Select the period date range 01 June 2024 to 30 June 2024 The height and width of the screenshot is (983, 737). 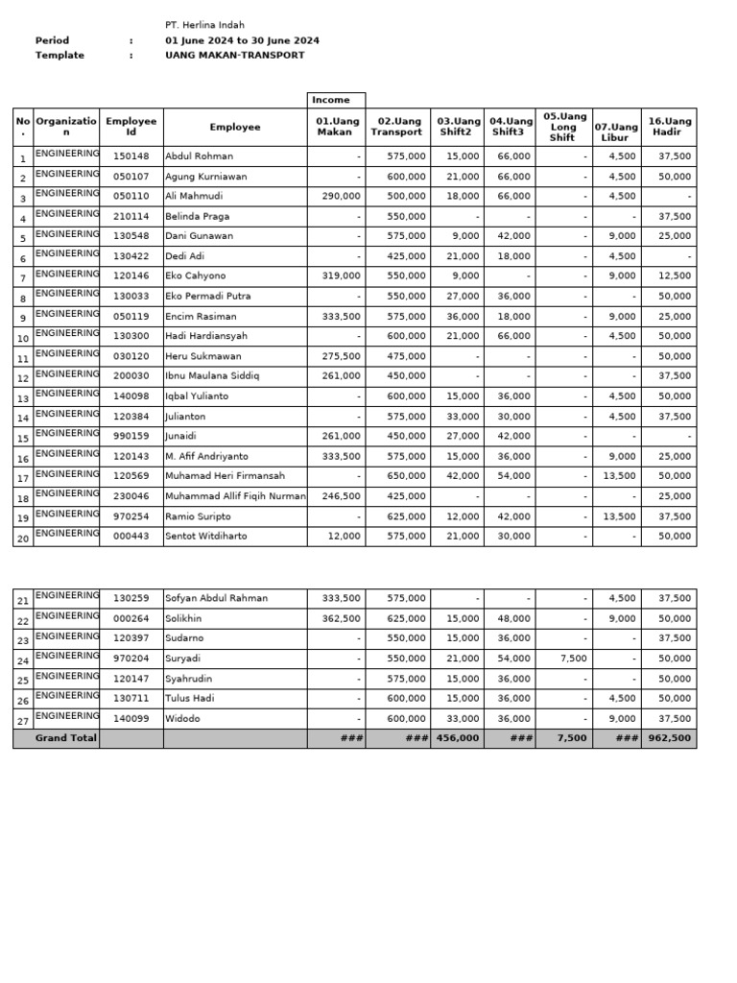pyautogui.click(x=242, y=40)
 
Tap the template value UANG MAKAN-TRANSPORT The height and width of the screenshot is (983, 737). pyautogui.click(x=234, y=56)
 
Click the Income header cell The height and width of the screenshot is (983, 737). pyautogui.click(x=331, y=100)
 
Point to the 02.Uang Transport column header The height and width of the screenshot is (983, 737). pyautogui.click(x=396, y=127)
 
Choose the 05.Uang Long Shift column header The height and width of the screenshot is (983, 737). pyautogui.click(x=563, y=127)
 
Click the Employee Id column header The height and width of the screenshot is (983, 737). pyautogui.click(x=131, y=127)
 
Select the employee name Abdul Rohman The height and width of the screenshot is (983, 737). pyautogui.click(x=199, y=156)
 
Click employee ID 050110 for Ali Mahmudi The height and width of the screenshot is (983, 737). pyautogui.click(x=131, y=196)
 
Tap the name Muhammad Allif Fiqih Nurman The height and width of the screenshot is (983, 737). pyautogui.click(x=235, y=496)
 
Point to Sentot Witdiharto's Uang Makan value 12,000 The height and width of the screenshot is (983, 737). pyautogui.click(x=345, y=537)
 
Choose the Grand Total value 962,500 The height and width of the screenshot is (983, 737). pyautogui.click(x=670, y=738)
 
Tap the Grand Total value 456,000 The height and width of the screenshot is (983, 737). pyautogui.click(x=458, y=738)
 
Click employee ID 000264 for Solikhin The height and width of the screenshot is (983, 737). pyautogui.click(x=131, y=619)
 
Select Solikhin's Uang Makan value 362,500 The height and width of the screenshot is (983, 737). pyautogui.click(x=343, y=619)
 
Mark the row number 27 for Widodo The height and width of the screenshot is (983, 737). pyautogui.click(x=23, y=720)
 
